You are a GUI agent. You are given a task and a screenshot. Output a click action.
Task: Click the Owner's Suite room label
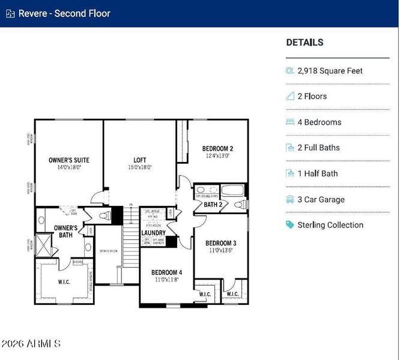pyautogui.click(x=69, y=160)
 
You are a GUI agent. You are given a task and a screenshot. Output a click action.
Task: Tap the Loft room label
pyautogui.click(x=140, y=160)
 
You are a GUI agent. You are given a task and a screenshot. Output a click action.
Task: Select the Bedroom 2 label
pyautogui.click(x=217, y=149)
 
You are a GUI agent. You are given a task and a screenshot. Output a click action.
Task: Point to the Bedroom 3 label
pyautogui.click(x=220, y=243)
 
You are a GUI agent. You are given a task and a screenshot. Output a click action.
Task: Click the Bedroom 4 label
pyautogui.click(x=166, y=272)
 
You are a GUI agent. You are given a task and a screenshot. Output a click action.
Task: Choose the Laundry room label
pyautogui.click(x=153, y=233)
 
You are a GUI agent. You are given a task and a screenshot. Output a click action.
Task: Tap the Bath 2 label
pyautogui.click(x=213, y=205)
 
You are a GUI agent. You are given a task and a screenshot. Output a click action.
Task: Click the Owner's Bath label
pyautogui.click(x=65, y=232)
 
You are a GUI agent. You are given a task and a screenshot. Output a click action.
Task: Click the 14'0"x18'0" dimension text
pyautogui.click(x=69, y=167)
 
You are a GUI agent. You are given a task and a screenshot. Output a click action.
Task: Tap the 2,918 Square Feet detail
pyautogui.click(x=330, y=71)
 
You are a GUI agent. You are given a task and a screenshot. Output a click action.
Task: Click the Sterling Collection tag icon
pyautogui.click(x=290, y=225)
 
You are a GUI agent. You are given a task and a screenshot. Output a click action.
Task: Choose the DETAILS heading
pyautogui.click(x=305, y=43)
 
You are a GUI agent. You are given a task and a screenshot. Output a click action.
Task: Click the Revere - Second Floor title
pyautogui.click(x=64, y=13)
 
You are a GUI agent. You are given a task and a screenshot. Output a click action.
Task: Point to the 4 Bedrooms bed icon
pyautogui.click(x=290, y=122)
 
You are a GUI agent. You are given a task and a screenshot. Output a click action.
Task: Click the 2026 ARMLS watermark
pyautogui.click(x=31, y=344)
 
